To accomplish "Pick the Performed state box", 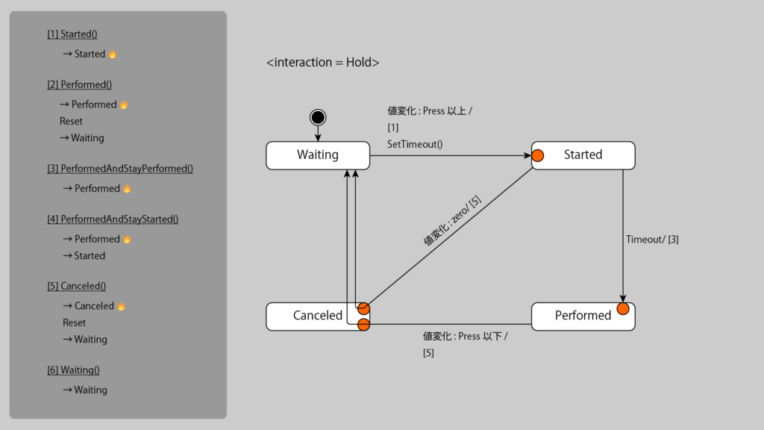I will [583, 316].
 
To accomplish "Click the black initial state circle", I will [318, 117].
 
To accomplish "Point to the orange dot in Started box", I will [536, 156].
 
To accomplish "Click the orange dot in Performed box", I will [623, 309].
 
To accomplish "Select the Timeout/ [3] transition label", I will [652, 240].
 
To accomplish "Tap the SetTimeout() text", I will [415, 144].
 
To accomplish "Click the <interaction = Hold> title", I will [323, 63].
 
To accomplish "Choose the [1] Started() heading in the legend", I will [72, 34].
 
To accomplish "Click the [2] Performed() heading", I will [80, 85].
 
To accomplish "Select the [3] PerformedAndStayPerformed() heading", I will [120, 169].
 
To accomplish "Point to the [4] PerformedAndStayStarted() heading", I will [113, 219].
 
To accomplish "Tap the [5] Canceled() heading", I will [76, 286].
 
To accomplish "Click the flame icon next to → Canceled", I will [122, 306].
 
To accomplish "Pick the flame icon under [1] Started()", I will [113, 54].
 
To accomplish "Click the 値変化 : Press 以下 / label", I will [465, 337].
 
